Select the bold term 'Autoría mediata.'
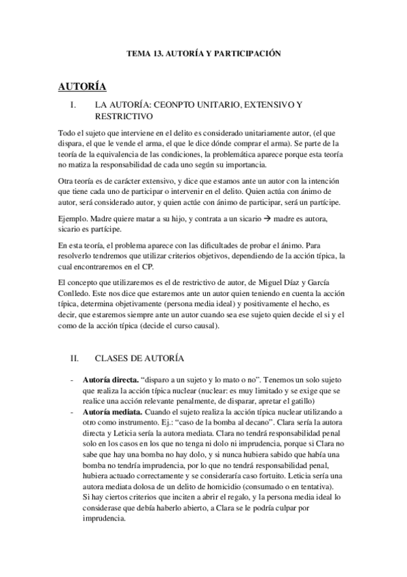coord(107,412)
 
